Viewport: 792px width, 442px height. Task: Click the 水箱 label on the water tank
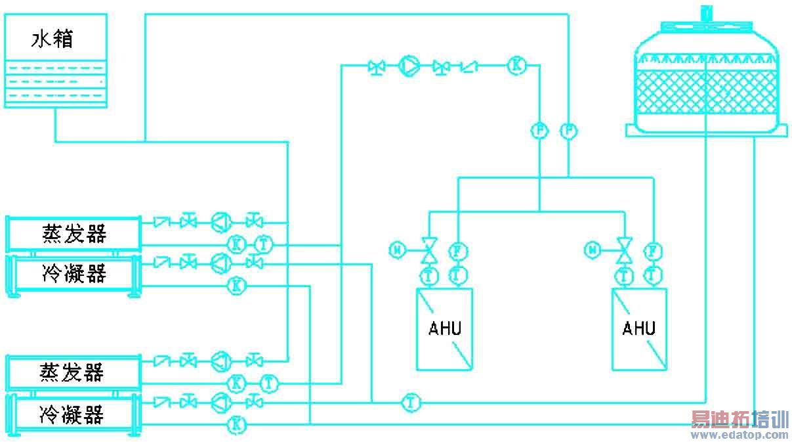(52, 39)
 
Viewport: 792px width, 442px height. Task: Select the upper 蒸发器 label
(74, 233)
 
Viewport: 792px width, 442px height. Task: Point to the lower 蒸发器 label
(73, 372)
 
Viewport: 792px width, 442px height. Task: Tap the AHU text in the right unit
(638, 328)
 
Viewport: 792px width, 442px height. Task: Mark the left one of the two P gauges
(539, 131)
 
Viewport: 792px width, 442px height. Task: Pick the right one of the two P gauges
(568, 131)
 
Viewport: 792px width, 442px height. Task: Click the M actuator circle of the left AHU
(396, 249)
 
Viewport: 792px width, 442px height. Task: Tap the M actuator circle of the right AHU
(593, 249)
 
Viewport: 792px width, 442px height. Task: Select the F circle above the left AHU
(457, 250)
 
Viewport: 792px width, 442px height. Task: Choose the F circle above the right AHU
(652, 250)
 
